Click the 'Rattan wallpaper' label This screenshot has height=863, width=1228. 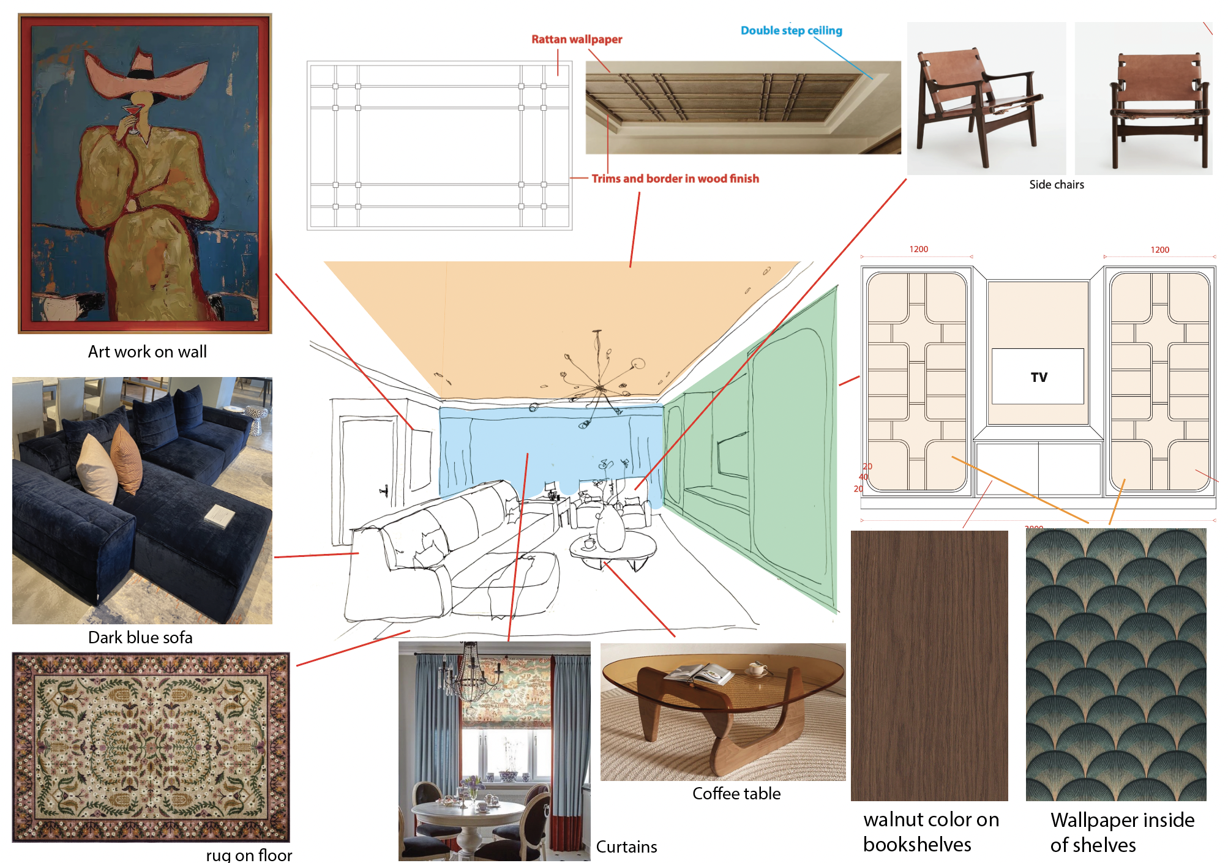(577, 39)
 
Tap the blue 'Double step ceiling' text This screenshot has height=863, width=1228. (792, 31)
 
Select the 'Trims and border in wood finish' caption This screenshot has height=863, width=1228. (675, 179)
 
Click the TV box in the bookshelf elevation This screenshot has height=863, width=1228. (1038, 376)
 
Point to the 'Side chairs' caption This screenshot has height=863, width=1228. (1057, 185)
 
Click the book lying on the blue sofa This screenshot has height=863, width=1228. (219, 515)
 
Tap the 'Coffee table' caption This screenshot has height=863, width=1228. (736, 794)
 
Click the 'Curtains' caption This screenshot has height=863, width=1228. (627, 847)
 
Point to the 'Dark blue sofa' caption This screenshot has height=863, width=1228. (140, 638)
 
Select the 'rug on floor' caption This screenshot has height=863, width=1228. (249, 855)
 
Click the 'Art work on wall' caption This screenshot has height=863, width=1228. (148, 352)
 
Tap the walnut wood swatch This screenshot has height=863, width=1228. (929, 666)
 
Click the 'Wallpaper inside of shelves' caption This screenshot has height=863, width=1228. (1122, 832)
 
